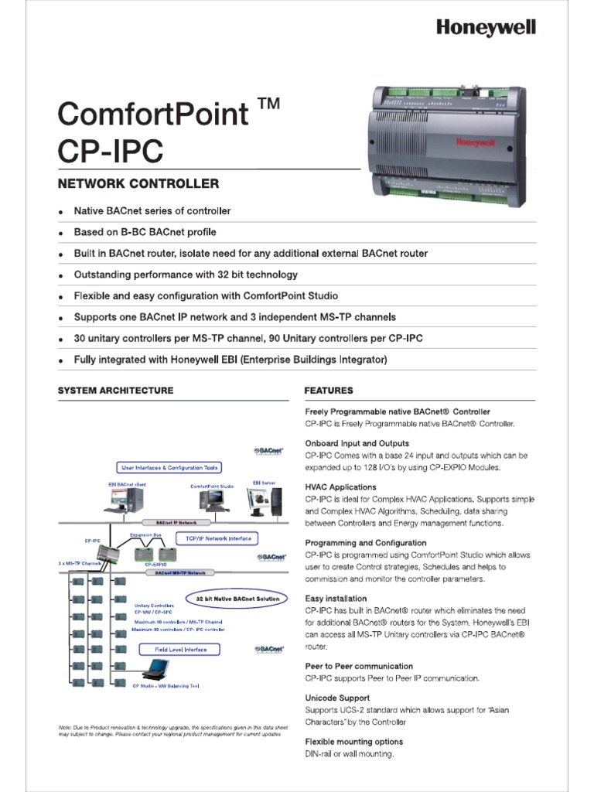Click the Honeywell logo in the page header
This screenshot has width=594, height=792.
click(486, 28)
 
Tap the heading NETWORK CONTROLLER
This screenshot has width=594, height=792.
click(138, 184)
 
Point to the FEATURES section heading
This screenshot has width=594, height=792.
click(329, 391)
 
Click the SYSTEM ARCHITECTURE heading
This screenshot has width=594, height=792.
click(116, 391)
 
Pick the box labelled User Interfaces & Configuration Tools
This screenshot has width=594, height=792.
click(169, 467)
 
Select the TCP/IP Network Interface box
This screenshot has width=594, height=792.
click(217, 538)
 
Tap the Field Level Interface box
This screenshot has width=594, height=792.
click(176, 650)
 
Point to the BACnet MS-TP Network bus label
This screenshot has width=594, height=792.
click(180, 573)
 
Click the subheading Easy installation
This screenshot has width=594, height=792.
click(336, 599)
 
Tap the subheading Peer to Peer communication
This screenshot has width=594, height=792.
click(359, 666)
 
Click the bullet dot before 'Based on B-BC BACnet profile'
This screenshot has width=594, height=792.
click(61, 233)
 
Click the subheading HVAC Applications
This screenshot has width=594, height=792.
click(340, 487)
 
